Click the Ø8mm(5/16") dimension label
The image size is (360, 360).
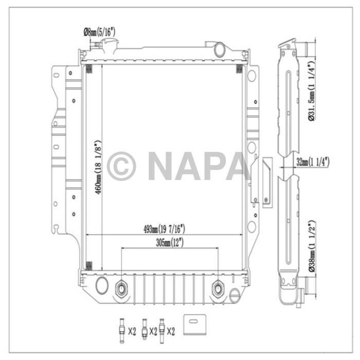coord(99,32)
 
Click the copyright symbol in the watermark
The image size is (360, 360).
coord(121,165)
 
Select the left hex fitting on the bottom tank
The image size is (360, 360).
coord(122,289)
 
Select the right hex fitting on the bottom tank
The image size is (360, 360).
coord(218,289)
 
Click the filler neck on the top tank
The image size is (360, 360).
coord(108,48)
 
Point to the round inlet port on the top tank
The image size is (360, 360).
coord(220,50)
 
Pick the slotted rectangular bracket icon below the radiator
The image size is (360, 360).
coord(194,322)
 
